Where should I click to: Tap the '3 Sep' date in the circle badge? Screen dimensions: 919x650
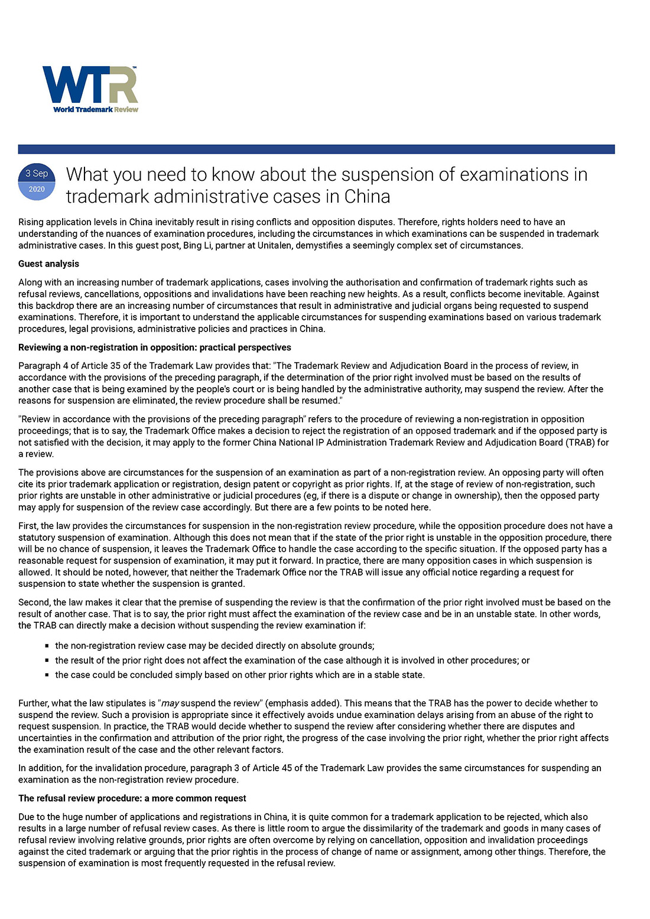click(37, 173)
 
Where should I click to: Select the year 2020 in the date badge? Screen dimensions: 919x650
click(37, 189)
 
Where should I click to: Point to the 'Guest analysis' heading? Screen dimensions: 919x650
click(48, 264)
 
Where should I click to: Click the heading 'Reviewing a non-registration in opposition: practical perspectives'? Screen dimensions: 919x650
click(154, 348)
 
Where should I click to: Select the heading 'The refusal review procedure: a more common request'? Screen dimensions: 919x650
click(132, 798)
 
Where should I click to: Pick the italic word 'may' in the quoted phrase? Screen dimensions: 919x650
click(170, 703)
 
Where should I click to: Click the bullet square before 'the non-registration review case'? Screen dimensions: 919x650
click(47, 646)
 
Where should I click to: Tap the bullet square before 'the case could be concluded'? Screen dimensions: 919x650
click(47, 675)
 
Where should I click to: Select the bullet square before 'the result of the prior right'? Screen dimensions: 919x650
click(47, 660)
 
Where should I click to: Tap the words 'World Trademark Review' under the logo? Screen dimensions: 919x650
click(96, 109)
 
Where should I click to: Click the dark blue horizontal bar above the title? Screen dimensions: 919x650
click(316, 149)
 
